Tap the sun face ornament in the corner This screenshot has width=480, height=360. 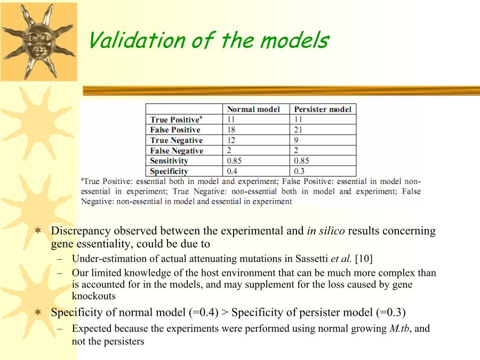(x=38, y=42)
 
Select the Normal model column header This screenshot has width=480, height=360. (x=253, y=109)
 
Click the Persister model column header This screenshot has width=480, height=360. (x=323, y=109)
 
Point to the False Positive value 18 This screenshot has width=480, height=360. (x=231, y=130)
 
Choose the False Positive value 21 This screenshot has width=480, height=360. (x=298, y=130)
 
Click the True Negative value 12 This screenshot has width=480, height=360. (x=231, y=140)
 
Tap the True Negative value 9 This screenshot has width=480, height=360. (x=296, y=140)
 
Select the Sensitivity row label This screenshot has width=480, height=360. (x=169, y=161)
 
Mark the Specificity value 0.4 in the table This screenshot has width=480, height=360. (x=232, y=171)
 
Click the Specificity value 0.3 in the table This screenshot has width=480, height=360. (x=299, y=171)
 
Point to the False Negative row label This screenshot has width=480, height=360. (x=177, y=150)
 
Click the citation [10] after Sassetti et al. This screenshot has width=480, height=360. (x=364, y=259)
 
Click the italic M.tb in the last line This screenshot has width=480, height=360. (x=399, y=329)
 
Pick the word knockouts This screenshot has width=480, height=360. (x=94, y=296)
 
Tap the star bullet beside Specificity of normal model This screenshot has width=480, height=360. (x=38, y=312)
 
